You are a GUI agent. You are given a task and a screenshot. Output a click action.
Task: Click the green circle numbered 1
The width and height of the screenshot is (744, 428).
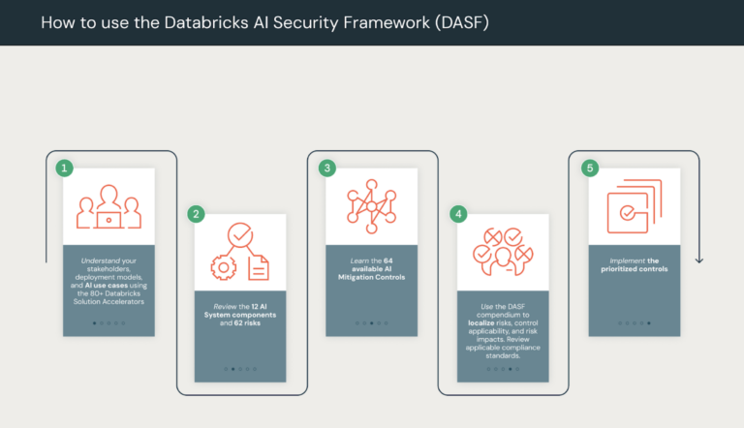point(65,168)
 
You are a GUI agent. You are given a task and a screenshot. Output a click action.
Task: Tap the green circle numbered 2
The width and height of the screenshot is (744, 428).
point(196,214)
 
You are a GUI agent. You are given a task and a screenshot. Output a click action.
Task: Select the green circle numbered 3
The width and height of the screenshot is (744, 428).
point(327,168)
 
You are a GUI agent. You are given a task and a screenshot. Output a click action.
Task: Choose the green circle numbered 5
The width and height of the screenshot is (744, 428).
point(590,168)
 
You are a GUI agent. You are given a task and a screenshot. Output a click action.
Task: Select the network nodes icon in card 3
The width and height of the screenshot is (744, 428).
point(372,205)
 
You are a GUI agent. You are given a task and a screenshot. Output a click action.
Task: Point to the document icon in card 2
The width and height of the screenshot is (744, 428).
point(259,267)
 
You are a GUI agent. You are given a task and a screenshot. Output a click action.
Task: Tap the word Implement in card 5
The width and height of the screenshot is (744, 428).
point(626,261)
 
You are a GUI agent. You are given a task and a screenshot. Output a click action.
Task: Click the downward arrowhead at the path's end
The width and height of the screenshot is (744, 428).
point(699,260)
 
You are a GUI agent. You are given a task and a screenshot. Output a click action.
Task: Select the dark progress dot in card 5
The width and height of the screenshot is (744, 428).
point(649,322)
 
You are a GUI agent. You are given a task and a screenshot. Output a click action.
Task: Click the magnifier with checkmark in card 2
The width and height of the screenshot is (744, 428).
point(240,235)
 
